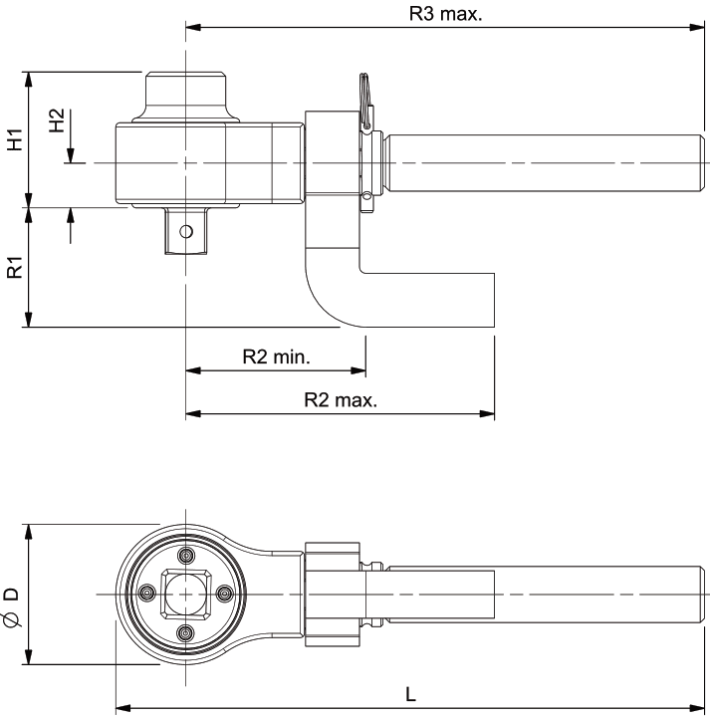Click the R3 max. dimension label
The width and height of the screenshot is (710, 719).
click(x=446, y=15)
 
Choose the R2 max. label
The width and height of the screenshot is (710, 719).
click(x=341, y=400)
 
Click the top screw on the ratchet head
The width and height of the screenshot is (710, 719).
click(x=185, y=556)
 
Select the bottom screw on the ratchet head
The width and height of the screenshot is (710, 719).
click(x=185, y=632)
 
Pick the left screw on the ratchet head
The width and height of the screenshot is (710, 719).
click(x=147, y=594)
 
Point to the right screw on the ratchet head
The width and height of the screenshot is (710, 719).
click(x=223, y=594)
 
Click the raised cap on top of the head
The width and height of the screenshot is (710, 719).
click(x=185, y=92)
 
